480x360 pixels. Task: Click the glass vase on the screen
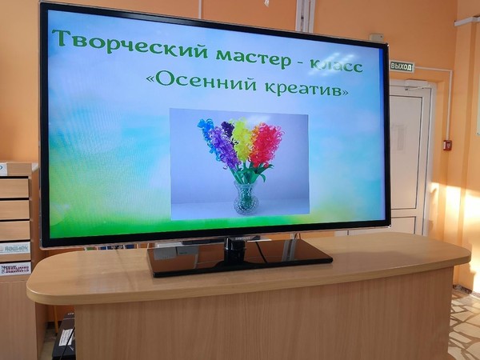tap(246, 197)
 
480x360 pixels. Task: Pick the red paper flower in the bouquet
tap(266, 143)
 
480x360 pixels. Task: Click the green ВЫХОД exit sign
tap(401, 66)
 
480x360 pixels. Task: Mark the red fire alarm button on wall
tap(447, 145)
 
